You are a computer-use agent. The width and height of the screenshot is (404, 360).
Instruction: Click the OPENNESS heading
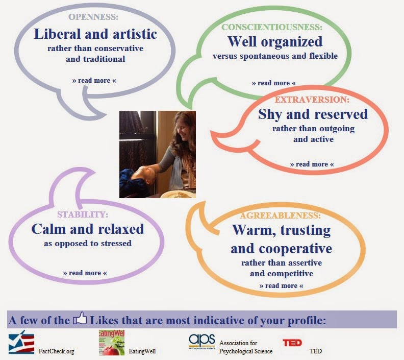[93, 17]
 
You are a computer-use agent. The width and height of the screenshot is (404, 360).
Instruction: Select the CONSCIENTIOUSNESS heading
[272, 27]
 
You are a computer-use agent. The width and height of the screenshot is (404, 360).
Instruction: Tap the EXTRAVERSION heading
[312, 100]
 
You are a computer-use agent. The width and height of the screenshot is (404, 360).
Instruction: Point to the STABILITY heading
[83, 214]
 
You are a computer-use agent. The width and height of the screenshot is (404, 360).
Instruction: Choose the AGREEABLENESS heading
[281, 215]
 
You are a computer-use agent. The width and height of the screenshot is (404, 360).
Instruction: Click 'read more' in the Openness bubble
[94, 81]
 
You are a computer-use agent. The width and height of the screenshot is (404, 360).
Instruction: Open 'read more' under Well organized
[273, 83]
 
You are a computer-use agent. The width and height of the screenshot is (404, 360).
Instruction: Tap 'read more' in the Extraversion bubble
[312, 164]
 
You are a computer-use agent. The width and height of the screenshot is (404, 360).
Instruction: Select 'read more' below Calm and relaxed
[85, 273]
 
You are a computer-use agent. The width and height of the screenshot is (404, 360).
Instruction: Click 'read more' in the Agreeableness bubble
[281, 286]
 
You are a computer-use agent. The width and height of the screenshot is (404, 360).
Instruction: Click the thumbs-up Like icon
[80, 318]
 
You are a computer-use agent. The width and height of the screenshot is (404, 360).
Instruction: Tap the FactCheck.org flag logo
[21, 342]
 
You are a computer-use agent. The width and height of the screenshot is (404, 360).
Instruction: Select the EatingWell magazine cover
[112, 343]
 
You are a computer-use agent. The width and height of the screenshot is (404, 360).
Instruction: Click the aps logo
[201, 342]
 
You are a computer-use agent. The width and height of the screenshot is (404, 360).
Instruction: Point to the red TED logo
[292, 343]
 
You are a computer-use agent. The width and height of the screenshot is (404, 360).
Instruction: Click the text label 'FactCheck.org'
[56, 351]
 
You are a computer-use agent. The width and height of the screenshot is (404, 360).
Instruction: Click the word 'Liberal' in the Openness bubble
[57, 34]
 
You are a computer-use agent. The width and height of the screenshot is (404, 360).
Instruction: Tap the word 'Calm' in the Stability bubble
[49, 229]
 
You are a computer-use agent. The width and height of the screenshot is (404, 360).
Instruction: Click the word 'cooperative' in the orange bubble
[295, 249]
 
